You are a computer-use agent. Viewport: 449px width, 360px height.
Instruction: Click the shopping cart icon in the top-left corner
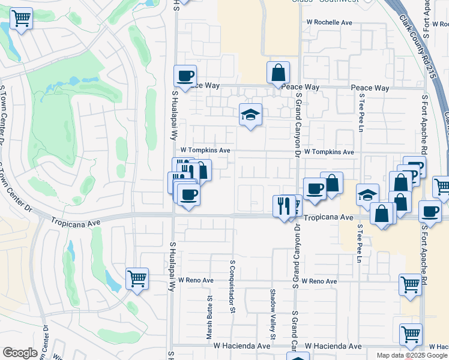pos(22,19)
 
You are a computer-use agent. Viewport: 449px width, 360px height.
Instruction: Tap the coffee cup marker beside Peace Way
pos(185,76)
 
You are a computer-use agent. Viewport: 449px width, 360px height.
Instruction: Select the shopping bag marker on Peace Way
pos(279,73)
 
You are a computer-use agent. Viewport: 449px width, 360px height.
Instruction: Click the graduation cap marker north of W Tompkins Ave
pos(250,115)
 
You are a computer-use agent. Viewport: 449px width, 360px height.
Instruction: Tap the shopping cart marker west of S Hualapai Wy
pos(137,279)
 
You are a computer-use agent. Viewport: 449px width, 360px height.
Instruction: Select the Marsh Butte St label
pos(210,317)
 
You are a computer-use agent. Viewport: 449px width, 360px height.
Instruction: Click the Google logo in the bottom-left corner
pos(20,353)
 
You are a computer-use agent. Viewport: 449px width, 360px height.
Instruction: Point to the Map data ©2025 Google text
pos(412,355)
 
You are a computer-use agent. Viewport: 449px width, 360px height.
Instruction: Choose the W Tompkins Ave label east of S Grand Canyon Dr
pos(330,152)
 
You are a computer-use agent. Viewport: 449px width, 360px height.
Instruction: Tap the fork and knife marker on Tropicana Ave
pos(283,206)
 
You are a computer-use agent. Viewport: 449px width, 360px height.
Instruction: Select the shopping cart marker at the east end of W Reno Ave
pos(410,284)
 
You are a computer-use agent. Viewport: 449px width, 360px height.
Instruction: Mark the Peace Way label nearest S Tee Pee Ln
pos(370,88)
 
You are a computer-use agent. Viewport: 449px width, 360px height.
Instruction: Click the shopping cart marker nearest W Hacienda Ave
pos(411,334)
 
